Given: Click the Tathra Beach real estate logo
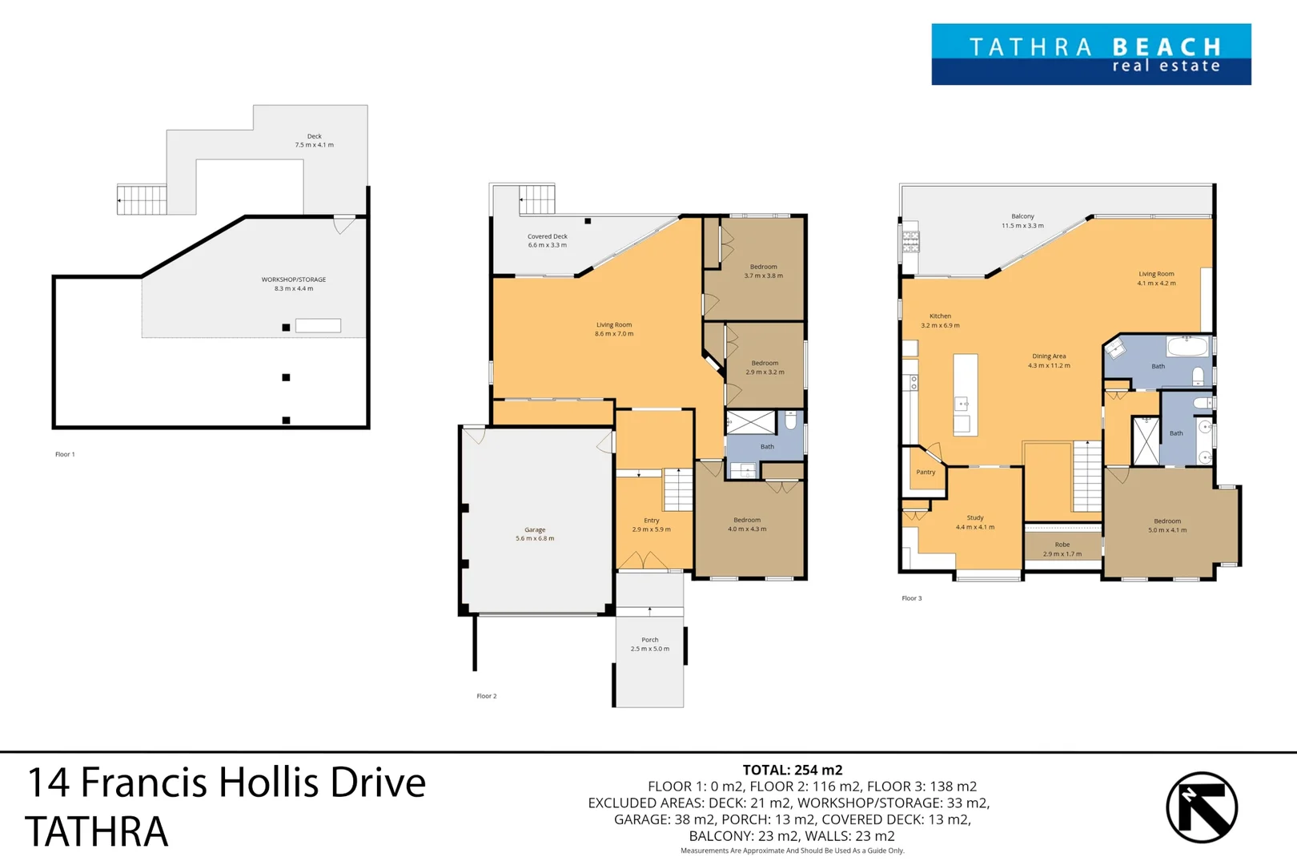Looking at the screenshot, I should pos(1090,54).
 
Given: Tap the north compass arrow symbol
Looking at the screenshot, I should pos(1201,807).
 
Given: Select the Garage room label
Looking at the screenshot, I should pos(535,529).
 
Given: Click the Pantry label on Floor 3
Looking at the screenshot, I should pos(926,473).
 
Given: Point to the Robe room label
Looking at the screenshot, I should pos(1062,545).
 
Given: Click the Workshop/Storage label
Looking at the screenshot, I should pos(293,280).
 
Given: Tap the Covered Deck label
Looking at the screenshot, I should pos(547,236).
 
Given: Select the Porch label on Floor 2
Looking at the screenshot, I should pos(649,640).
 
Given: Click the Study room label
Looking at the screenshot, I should pos(974,518).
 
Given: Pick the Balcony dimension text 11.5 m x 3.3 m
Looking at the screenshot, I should pos(1022,226).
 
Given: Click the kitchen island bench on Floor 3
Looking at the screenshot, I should pos(966,395).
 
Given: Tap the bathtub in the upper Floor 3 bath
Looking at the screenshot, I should pos(1187,346).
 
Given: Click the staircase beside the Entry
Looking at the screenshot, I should pos(678,489).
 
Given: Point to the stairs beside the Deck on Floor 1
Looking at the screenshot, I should pos(142,199).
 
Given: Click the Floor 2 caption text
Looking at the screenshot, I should pos(486,696).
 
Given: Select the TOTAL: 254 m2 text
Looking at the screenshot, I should pos(792,770).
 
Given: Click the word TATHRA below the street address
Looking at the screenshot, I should pos(96,831).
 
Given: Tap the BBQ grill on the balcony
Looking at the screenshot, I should pos(910,242).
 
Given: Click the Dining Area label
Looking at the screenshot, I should pos(1049,356).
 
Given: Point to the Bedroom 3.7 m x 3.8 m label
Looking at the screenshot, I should pos(763,267).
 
